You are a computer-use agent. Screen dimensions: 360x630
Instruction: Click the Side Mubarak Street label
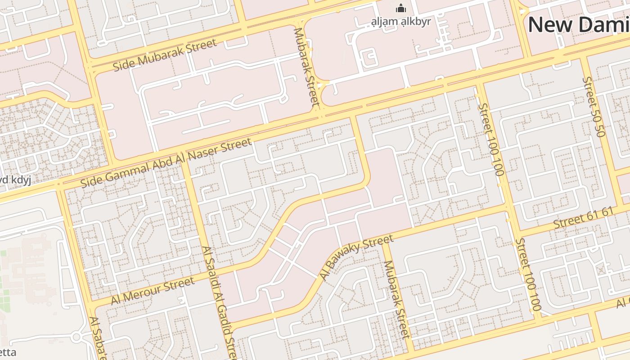[165, 54]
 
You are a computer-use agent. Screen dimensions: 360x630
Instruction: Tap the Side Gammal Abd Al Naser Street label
[166, 163]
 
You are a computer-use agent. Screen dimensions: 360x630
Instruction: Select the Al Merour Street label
[153, 291]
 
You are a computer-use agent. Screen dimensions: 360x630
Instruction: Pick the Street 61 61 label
[583, 218]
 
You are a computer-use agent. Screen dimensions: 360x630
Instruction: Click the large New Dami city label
[578, 25]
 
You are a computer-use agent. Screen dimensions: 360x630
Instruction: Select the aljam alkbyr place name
[400, 21]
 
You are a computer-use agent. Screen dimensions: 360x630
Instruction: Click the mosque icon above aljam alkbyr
[400, 8]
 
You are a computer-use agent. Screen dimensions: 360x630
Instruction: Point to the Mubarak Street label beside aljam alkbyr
[306, 67]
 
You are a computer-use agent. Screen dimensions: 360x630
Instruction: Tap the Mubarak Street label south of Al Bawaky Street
[396, 299]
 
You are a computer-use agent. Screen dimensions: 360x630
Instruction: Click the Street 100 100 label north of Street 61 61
[490, 139]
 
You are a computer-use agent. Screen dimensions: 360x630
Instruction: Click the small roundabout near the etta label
[76, 336]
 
